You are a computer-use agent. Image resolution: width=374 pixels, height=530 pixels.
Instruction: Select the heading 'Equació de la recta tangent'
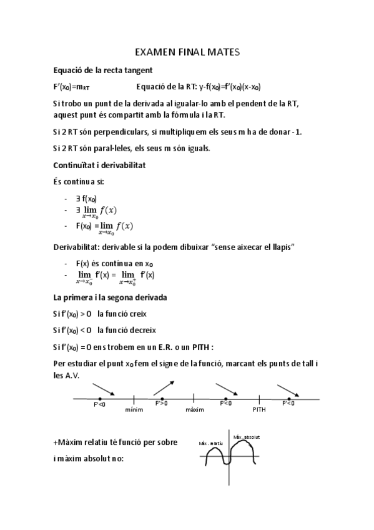click(x=103, y=70)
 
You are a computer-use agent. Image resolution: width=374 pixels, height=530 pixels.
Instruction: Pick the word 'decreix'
click(x=143, y=329)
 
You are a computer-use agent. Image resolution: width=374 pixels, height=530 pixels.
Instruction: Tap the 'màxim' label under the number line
click(x=195, y=410)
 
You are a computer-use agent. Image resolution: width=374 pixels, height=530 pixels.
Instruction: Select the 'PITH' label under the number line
click(x=259, y=410)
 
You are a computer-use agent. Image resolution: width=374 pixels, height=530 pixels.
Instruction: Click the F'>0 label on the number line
click(x=160, y=404)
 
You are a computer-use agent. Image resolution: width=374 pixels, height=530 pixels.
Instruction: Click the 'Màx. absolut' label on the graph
click(x=246, y=436)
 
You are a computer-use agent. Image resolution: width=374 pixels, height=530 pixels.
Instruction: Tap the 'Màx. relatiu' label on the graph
click(x=211, y=443)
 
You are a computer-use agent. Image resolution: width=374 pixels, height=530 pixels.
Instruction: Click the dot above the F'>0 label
click(x=162, y=398)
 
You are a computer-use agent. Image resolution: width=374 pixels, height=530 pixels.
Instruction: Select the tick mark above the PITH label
click(x=258, y=398)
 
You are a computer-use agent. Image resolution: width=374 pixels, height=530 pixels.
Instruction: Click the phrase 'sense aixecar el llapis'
click(x=248, y=247)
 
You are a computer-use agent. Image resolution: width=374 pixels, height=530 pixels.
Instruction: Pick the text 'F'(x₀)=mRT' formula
click(x=71, y=86)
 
